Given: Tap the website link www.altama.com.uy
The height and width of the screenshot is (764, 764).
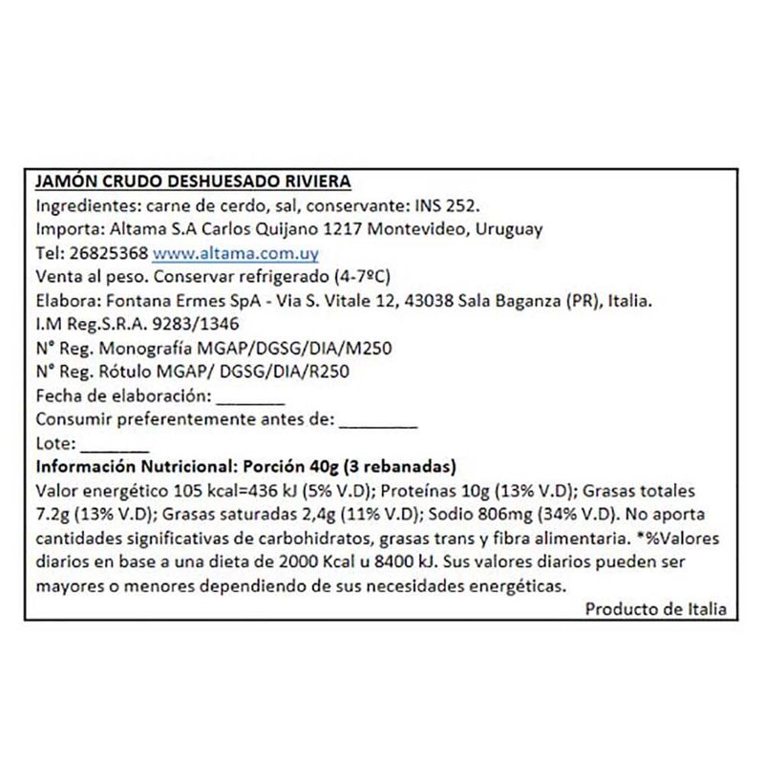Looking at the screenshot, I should click(x=235, y=254).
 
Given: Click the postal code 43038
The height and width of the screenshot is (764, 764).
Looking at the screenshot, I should click(x=432, y=302).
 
